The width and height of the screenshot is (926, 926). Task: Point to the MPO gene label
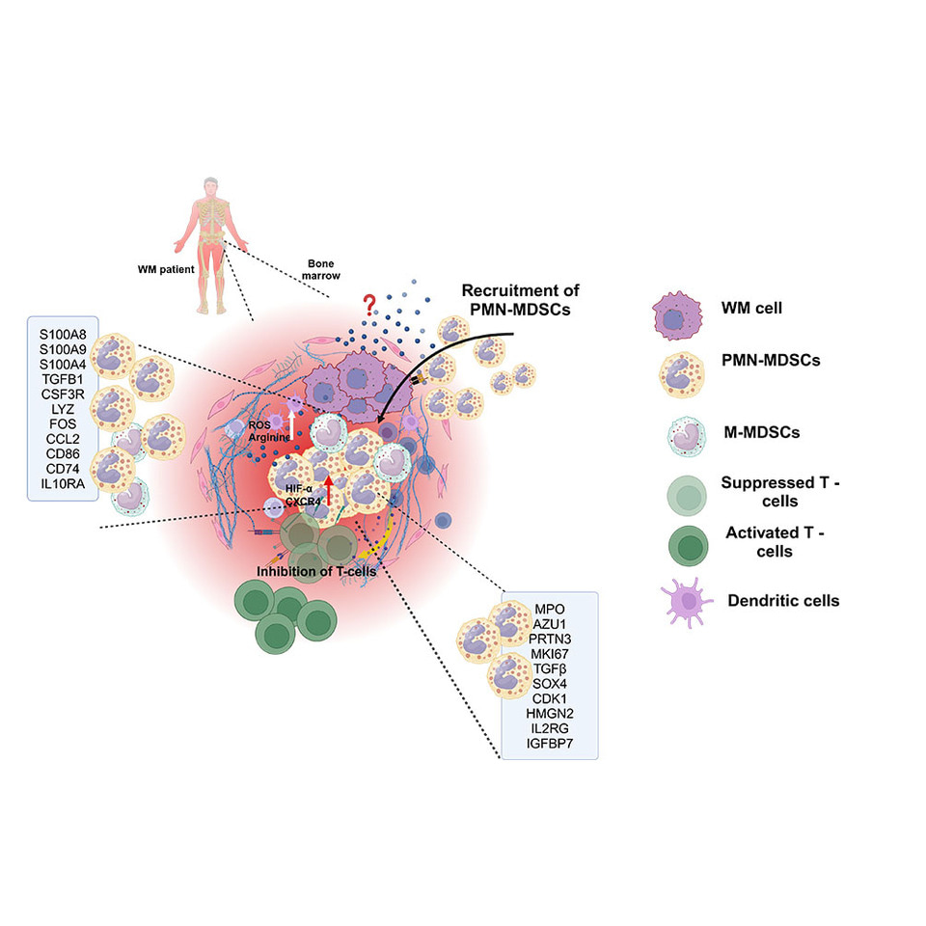547,608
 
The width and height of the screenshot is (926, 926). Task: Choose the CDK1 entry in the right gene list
548,699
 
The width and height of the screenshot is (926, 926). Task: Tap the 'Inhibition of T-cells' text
315,570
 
